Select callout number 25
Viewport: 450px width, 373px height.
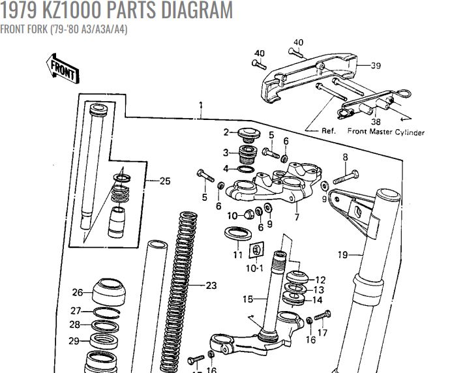164,181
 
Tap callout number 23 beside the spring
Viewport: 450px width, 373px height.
210,285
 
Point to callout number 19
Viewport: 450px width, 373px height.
342,254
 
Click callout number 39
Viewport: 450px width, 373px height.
376,65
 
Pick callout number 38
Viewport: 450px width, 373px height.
376,121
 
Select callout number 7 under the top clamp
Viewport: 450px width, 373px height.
297,217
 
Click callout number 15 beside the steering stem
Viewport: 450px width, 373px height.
247,299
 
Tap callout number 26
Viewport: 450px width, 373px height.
78,292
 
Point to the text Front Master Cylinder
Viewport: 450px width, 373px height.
385,132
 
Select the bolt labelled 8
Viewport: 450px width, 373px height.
346,176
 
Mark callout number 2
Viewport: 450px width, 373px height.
226,132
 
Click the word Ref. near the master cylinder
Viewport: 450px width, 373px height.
329,131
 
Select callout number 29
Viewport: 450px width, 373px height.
74,340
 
